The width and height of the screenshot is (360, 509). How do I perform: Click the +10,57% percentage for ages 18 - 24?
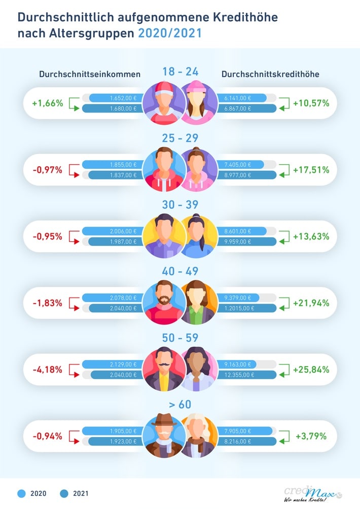point(311,103)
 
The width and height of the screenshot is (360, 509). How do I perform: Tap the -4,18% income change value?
point(47,370)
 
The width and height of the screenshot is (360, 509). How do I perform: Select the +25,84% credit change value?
point(311,370)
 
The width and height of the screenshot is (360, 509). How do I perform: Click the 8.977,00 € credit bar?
point(247,175)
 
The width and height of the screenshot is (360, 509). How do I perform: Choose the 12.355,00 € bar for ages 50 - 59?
point(247,375)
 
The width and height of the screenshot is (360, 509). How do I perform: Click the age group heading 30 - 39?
point(180,204)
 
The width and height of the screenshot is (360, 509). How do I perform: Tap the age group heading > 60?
point(180,404)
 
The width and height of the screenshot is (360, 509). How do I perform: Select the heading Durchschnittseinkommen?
point(90,74)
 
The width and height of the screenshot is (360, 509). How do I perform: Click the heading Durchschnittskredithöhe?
point(270,74)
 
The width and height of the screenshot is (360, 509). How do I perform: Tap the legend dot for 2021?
point(64,493)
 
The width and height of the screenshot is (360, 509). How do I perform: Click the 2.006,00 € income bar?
point(112,231)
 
